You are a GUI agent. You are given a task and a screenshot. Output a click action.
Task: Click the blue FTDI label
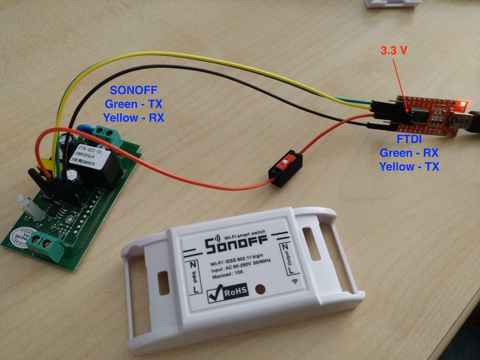tap(408, 140)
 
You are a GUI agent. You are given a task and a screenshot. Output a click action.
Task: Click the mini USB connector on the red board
tap(457, 121)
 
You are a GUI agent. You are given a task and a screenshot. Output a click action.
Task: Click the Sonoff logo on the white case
tap(236, 244)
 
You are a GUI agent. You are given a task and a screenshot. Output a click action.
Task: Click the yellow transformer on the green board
tap(44, 165)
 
